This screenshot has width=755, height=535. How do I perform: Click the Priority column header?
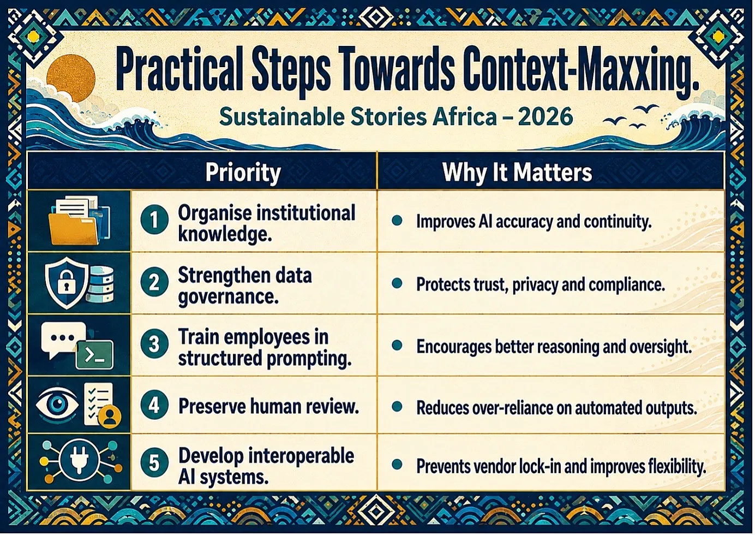pyautogui.click(x=243, y=173)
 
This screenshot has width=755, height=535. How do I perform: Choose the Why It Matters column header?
pyautogui.click(x=517, y=173)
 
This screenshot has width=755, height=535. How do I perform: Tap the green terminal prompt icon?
pyautogui.click(x=95, y=355)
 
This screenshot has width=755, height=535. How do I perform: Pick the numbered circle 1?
pyautogui.click(x=154, y=220)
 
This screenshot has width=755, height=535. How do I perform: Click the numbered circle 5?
pyautogui.click(x=154, y=463)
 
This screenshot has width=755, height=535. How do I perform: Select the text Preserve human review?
pyautogui.click(x=268, y=406)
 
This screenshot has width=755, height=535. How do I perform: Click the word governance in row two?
pyautogui.click(x=228, y=297)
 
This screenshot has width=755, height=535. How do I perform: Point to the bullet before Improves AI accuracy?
pyautogui.click(x=397, y=221)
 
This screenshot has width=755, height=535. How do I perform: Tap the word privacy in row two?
pyautogui.click(x=535, y=285)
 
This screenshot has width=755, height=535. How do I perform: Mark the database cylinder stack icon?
pyautogui.click(x=100, y=284)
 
